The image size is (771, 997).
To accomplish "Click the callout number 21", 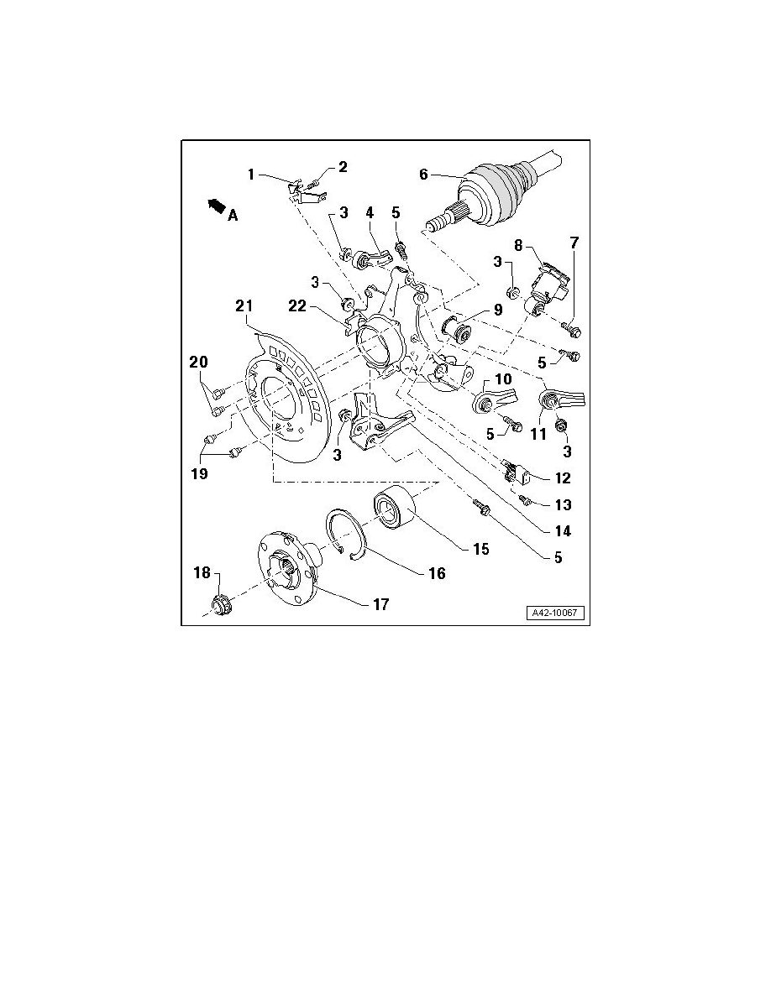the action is [244, 306].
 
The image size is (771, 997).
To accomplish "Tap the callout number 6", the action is [423, 174].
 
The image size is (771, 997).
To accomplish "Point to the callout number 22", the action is [297, 305].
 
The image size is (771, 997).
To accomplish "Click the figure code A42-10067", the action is [555, 613].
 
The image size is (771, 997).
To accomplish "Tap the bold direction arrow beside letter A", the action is [217, 205].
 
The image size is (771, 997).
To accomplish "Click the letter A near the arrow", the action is [233, 216].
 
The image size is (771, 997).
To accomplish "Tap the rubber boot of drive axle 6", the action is [496, 194].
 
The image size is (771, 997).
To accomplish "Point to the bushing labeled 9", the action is [457, 329].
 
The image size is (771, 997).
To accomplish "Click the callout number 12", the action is [563, 478].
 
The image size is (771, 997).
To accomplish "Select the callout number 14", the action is [563, 531].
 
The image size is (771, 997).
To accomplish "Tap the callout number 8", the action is [518, 245].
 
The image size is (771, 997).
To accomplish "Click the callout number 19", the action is [199, 473].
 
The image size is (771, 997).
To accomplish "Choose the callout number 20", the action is [198, 363].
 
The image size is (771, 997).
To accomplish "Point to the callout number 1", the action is [250, 174].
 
